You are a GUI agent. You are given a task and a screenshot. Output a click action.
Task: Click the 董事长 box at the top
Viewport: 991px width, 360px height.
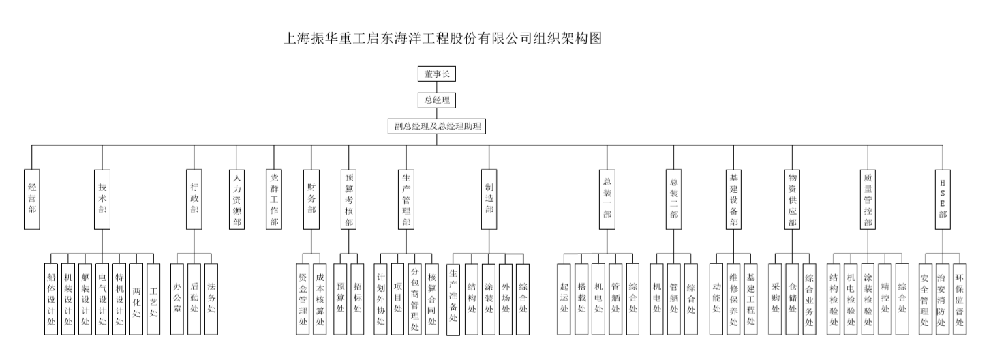coord(436,74)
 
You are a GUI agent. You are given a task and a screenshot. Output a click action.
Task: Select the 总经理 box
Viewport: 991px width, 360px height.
coord(436,100)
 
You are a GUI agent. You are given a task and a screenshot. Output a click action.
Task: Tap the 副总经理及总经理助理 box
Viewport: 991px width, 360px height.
coord(436,127)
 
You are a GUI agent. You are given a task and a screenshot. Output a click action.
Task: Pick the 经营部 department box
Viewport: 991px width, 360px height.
coord(32,198)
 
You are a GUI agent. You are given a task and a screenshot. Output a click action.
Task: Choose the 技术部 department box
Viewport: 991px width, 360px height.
coord(102,198)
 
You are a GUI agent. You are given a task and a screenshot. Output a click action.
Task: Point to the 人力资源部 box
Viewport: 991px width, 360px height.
coord(237,198)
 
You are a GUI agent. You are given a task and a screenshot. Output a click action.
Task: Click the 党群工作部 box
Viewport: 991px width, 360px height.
coord(274,198)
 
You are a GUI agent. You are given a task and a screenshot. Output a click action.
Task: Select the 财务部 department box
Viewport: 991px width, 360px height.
coord(311,198)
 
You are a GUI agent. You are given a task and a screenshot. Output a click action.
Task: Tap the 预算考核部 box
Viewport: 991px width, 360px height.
coord(349,198)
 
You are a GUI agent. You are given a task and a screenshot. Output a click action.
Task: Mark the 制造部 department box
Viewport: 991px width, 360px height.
coord(489,198)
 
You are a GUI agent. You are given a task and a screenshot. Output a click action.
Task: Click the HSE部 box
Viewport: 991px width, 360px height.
coord(943,198)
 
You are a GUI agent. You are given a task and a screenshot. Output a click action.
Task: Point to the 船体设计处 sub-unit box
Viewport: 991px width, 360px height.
coord(51,299)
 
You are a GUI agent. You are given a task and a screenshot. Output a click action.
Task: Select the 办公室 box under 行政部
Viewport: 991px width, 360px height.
coord(177,299)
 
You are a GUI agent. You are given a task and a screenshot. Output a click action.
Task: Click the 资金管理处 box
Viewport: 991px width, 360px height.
coord(303,299)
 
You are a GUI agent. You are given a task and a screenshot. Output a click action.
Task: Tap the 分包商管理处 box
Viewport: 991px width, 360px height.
coord(415,299)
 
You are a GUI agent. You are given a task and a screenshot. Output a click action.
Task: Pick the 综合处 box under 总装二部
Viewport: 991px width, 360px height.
coord(691,299)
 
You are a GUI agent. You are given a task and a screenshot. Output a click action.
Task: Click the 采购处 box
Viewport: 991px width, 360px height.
coord(776,299)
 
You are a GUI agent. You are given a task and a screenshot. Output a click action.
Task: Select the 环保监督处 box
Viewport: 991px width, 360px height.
coord(959,299)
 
